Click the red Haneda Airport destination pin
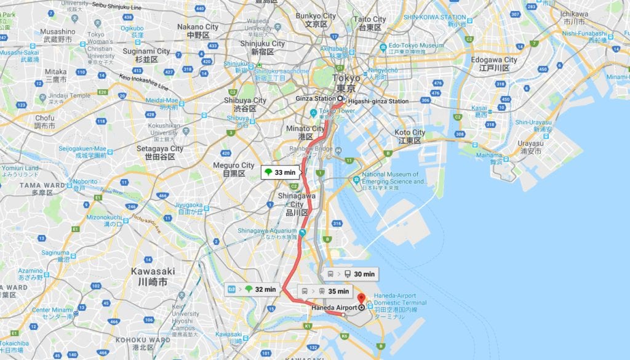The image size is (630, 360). point(361,298)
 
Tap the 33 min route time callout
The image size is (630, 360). point(280,173)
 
